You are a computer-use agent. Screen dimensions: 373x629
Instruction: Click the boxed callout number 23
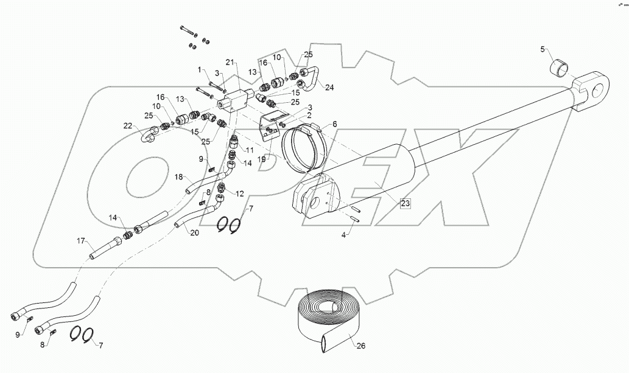coord(406,204)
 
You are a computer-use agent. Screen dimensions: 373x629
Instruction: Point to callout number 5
coord(543,49)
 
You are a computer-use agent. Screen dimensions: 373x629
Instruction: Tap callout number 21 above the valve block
coord(230,63)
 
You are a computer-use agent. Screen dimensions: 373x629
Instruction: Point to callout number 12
coord(239,194)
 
